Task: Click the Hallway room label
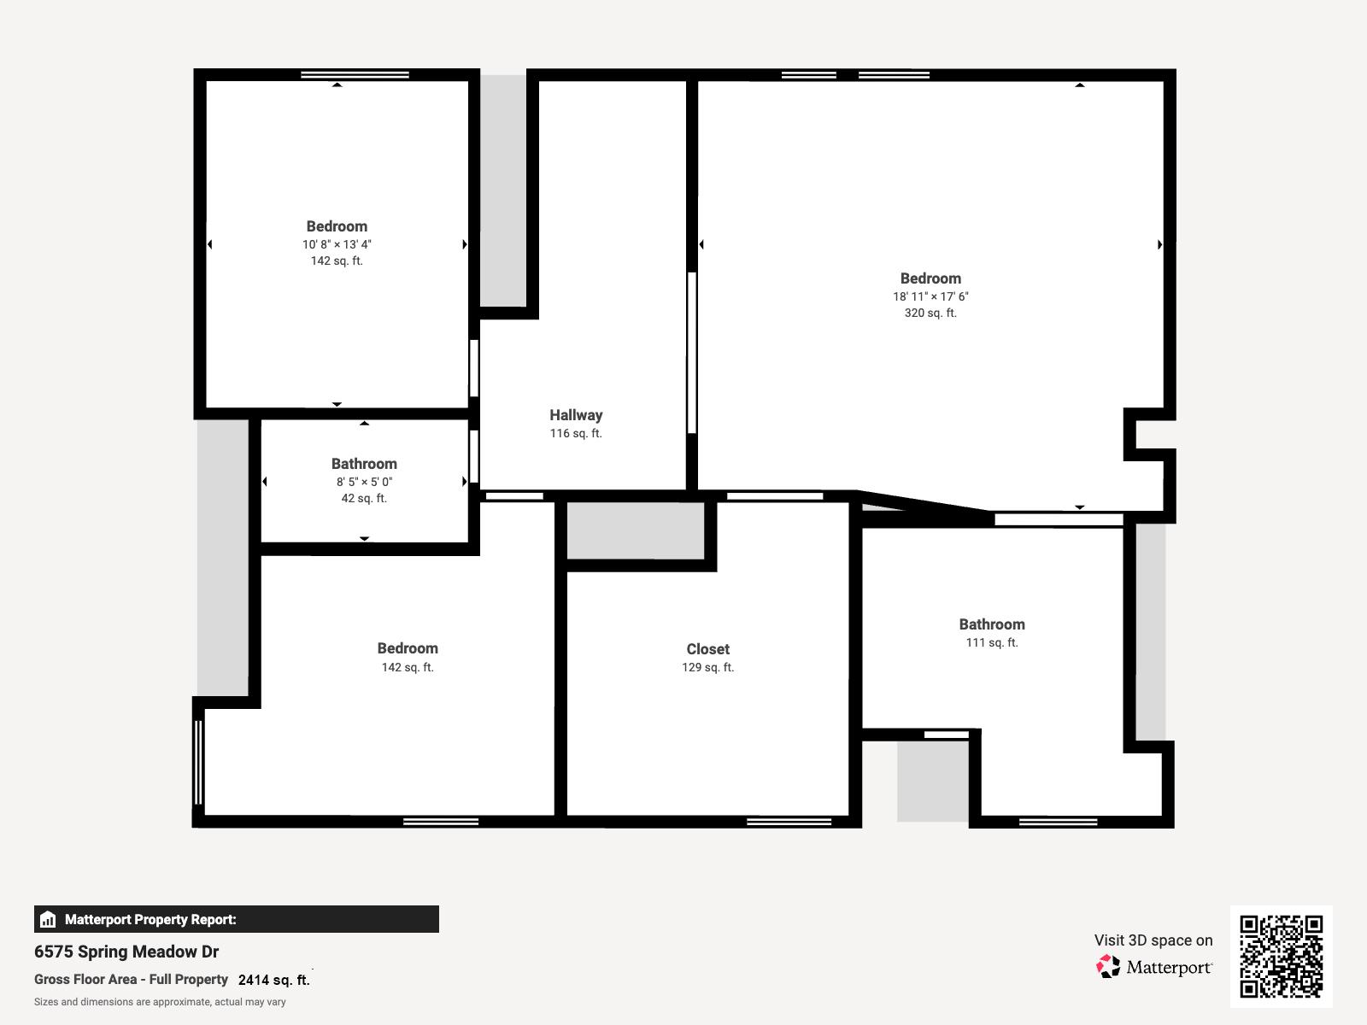coord(576,415)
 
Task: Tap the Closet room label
coord(707,649)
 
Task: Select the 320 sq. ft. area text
coord(930,313)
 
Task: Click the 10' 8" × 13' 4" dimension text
coord(337,244)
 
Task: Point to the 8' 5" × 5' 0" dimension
coord(364,482)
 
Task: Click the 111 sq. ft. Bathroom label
coord(991,624)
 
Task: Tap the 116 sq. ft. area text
coord(576,434)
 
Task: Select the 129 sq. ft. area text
coord(707,668)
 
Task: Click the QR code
coord(1281,956)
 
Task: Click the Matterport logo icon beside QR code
coord(1108,967)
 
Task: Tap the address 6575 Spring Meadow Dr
coord(126,952)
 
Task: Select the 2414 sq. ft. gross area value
coord(273,981)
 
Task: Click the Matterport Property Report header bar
coord(236,919)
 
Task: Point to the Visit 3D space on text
coord(1153,940)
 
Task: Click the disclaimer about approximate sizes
coord(160,1002)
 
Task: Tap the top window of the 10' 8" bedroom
coord(355,75)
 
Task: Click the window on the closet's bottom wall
coord(789,822)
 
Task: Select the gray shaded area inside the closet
coord(636,530)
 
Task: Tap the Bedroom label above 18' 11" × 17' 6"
coord(930,278)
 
